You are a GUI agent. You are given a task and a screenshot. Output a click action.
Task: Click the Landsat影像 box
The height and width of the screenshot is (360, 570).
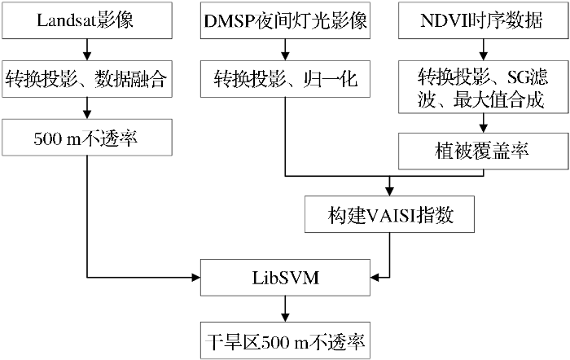pos(87,20)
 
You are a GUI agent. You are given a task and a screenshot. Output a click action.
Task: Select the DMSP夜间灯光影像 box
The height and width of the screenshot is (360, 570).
pos(285,20)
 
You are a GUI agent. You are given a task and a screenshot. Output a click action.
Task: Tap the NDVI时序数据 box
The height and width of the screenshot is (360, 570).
pos(483,20)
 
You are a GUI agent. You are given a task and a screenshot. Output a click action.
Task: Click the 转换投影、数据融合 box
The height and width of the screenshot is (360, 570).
pos(87,79)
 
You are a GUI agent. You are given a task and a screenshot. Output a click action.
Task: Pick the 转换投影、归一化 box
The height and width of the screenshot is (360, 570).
pos(285,79)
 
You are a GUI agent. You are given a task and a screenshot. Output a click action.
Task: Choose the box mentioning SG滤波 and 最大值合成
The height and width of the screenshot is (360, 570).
pos(483,87)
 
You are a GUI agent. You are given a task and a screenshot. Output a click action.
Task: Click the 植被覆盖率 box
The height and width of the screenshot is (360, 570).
pos(483,151)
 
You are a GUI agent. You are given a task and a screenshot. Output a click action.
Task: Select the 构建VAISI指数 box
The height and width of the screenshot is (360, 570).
pos(389,214)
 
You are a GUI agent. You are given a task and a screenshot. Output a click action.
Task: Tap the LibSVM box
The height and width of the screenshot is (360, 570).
pos(285,278)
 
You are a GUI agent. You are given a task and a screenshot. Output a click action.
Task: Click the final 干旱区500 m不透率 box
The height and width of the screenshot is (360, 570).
pos(285,340)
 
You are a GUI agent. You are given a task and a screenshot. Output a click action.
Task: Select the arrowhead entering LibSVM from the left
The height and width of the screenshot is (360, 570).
pos(196,278)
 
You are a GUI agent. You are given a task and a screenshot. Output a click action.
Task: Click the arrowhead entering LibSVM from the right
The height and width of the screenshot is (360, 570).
pos(375,278)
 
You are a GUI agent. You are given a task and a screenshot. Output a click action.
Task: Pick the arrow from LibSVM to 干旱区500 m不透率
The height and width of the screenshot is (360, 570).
pos(285,309)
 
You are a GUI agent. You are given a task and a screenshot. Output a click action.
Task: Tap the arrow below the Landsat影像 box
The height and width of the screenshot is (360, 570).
pos(87,50)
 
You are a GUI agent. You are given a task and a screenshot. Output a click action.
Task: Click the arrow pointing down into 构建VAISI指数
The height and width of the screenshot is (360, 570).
pos(389,187)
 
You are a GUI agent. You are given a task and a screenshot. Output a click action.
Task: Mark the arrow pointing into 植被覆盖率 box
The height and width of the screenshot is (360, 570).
pos(483,123)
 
